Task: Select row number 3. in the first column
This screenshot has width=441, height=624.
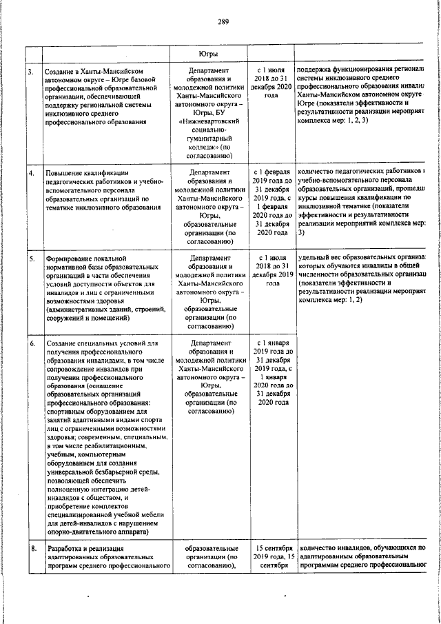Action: pyautogui.click(x=30, y=72)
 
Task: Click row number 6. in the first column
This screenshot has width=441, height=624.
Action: pyautogui.click(x=31, y=343)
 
